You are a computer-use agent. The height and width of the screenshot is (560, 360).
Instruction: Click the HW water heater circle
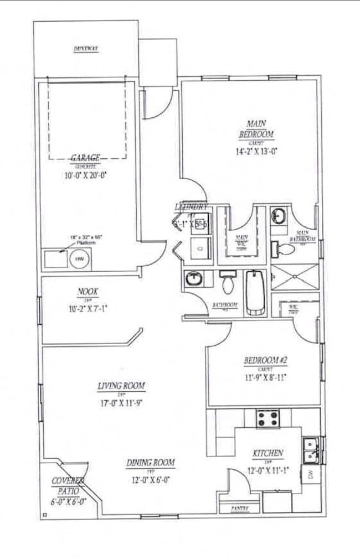(79, 258)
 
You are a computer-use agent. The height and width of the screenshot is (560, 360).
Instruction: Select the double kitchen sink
(310, 450)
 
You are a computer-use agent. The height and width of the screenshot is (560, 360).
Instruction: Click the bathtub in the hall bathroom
(256, 292)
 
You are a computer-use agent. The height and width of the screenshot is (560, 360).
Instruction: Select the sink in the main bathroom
(279, 215)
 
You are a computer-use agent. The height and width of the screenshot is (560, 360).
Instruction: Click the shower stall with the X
(295, 277)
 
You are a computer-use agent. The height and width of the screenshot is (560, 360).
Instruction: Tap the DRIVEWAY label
(86, 49)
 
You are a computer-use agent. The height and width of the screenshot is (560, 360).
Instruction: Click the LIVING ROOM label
(121, 386)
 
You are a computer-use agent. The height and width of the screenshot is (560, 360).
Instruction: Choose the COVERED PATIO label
(68, 486)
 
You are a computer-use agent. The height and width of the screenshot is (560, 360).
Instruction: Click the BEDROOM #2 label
(265, 361)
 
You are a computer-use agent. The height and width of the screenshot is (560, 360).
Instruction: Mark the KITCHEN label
(268, 453)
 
